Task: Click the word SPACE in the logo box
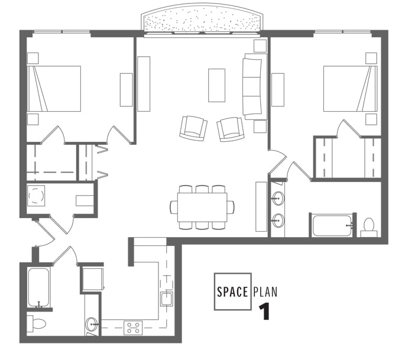(x=232, y=291)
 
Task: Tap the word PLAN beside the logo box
(x=265, y=291)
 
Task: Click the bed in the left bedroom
(x=54, y=89)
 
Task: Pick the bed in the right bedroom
(x=350, y=89)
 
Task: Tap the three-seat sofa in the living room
(x=252, y=86)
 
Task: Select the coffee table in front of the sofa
(x=216, y=86)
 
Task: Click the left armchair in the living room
(x=193, y=128)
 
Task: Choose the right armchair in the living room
(x=230, y=128)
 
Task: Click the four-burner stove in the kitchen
(x=133, y=327)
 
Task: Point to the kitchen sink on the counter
(x=166, y=299)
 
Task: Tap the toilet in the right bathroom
(x=368, y=226)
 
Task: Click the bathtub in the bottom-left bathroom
(x=39, y=288)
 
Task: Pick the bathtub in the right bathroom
(x=333, y=226)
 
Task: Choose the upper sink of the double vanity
(x=277, y=198)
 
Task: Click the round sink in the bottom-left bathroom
(x=92, y=324)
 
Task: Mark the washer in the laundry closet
(x=37, y=195)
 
